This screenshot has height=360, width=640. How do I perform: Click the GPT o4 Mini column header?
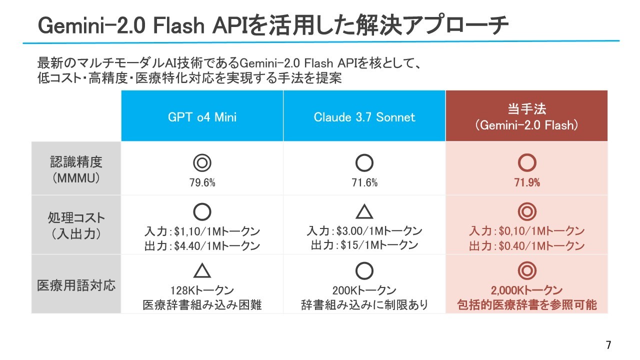pyautogui.click(x=202, y=115)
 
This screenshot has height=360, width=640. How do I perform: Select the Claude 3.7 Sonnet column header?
pyautogui.click(x=364, y=115)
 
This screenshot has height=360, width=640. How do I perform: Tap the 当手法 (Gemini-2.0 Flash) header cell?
pyautogui.click(x=526, y=115)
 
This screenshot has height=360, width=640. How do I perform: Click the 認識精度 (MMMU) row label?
pyautogui.click(x=76, y=168)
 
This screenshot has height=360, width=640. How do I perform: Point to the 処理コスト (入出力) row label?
pyautogui.click(x=76, y=225)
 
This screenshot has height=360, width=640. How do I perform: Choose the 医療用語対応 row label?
pyautogui.click(x=76, y=285)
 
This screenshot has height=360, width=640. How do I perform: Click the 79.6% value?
pyautogui.click(x=202, y=182)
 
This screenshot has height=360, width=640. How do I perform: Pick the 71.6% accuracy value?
pyautogui.click(x=364, y=182)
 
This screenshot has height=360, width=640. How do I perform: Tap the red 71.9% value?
pyautogui.click(x=527, y=182)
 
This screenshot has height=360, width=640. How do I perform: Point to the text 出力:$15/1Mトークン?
pyautogui.click(x=364, y=245)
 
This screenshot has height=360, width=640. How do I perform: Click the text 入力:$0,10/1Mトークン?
pyautogui.click(x=527, y=231)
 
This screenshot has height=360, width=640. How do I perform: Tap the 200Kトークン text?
pyautogui.click(x=364, y=290)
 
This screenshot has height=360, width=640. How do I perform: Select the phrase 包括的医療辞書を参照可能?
pyautogui.click(x=527, y=305)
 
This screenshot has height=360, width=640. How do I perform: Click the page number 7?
pyautogui.click(x=608, y=345)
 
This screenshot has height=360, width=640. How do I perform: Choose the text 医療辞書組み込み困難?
pyautogui.click(x=202, y=305)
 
